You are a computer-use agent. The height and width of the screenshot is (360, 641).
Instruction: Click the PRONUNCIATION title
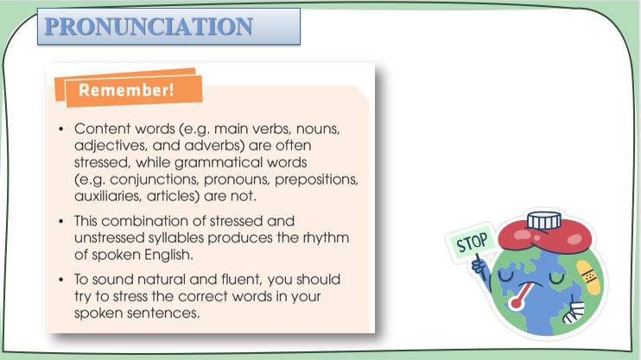click(x=149, y=26)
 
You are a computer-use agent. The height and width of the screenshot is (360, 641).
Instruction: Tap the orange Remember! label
click(x=127, y=90)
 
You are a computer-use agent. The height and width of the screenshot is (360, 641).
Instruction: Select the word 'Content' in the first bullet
click(x=99, y=129)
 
